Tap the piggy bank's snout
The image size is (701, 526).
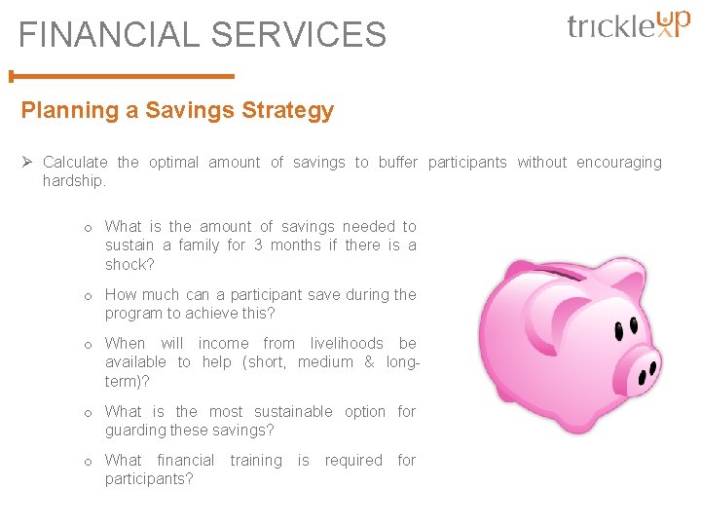pos(644,371)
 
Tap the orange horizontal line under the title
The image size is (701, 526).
pos(122,75)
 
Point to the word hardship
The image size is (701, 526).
pos(73,181)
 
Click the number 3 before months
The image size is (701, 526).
pos(258,245)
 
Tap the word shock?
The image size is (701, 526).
pos(129,265)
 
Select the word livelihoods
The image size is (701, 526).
pos(348,343)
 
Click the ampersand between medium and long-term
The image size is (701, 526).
pos(369,362)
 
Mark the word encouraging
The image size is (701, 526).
pos(618,163)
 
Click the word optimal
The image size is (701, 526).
pos(173,163)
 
